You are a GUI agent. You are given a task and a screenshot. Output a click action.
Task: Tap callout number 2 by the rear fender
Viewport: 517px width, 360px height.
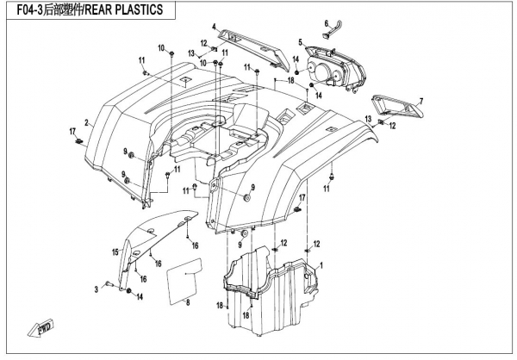pos(86,122)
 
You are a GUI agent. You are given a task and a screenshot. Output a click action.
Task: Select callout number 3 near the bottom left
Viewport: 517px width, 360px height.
pos(97,289)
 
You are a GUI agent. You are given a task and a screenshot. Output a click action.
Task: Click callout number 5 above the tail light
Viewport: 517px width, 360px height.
pos(300,42)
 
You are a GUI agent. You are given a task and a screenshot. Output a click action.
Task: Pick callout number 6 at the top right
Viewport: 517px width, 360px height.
pos(326,22)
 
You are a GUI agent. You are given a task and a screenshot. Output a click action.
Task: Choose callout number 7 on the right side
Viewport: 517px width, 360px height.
pos(421,102)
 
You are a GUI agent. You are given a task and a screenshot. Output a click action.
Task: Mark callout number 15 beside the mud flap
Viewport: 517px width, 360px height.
pos(112,252)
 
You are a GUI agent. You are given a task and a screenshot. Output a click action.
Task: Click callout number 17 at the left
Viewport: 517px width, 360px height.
pos(73,130)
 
